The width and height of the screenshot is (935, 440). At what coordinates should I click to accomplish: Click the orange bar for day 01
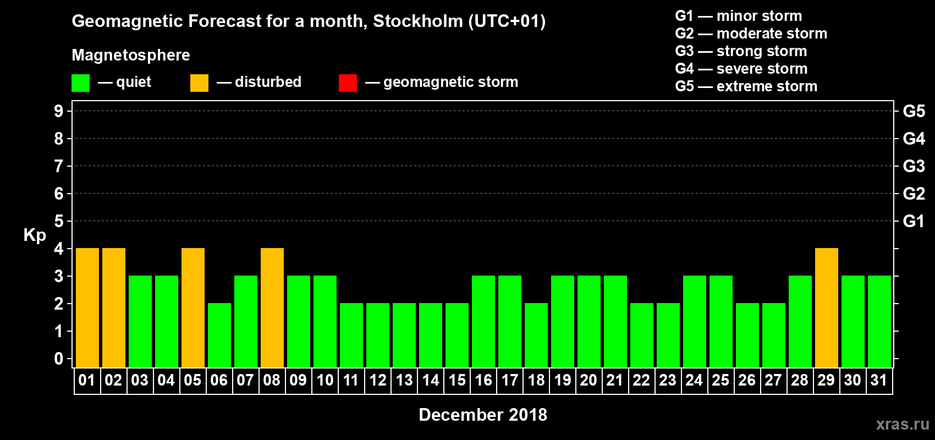87,307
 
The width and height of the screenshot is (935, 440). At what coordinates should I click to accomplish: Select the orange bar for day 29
827,307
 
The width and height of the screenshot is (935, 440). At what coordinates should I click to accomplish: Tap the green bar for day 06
219,335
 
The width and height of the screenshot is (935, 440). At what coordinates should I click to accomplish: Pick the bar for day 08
272,307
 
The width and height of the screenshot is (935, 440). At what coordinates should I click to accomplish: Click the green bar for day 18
536,335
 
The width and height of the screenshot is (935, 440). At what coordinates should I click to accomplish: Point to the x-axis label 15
457,381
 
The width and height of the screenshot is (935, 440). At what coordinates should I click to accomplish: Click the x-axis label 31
879,381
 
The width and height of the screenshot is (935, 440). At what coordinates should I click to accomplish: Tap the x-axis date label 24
694,381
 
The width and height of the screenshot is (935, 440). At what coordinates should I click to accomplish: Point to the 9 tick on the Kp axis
59,111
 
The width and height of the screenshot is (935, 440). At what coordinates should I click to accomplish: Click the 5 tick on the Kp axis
59,221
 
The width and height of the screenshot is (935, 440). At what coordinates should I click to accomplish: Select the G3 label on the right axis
914,166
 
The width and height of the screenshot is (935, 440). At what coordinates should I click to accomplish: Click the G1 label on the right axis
914,221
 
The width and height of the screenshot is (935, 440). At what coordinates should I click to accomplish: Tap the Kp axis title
35,235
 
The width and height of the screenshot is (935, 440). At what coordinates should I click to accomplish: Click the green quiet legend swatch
81,83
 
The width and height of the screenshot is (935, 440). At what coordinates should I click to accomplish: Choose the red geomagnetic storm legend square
348,83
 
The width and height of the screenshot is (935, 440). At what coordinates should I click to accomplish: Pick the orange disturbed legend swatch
199,83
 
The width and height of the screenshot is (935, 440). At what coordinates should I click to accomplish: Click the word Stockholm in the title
418,21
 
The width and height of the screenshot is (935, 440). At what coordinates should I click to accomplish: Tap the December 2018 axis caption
483,415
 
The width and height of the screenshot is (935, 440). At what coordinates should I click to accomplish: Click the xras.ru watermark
903,424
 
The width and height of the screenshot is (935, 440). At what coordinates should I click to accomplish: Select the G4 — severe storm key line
741,69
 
